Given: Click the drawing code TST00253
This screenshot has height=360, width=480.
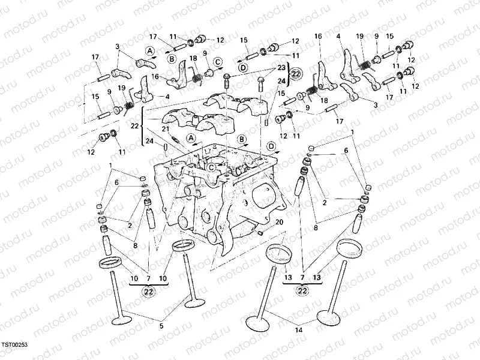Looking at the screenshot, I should click(x=14, y=345).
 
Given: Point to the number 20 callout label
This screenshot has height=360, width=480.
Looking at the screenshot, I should click(x=279, y=222).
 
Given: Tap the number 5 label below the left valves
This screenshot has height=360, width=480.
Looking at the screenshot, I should click(x=160, y=326).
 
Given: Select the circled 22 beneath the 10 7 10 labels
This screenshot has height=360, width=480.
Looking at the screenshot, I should click(x=149, y=291).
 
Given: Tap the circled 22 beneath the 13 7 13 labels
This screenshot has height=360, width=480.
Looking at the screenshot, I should click(x=303, y=291).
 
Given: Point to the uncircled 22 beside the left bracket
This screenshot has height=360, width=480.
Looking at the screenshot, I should click(x=134, y=125).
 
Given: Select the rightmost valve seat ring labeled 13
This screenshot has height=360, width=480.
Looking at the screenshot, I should click(x=347, y=247).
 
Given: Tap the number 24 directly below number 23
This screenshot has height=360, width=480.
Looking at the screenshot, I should click(x=281, y=80).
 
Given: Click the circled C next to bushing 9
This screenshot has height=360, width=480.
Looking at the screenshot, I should click(x=217, y=61).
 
